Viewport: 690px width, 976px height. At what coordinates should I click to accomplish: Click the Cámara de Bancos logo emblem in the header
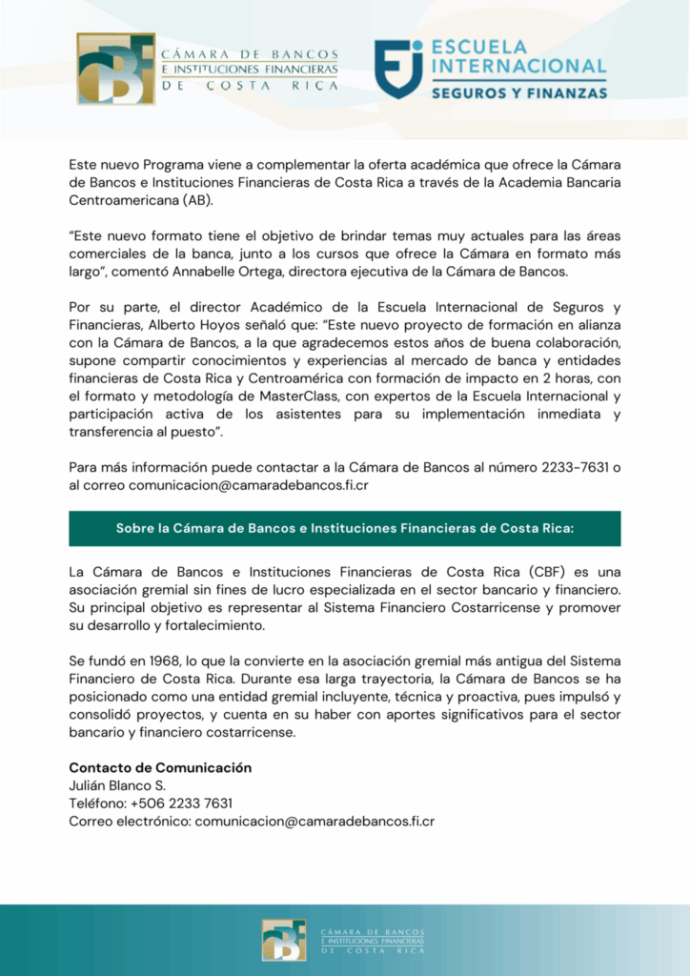[115, 69]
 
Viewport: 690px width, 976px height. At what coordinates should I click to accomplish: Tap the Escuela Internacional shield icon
[398, 69]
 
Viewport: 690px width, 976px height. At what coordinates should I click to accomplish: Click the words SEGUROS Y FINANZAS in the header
[519, 93]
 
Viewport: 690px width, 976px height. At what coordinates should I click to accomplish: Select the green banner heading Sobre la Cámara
[344, 528]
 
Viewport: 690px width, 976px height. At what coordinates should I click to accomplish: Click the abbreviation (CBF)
[546, 572]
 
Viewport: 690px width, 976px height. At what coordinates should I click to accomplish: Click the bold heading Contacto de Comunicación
[160, 767]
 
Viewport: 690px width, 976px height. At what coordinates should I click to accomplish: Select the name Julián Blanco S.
[117, 785]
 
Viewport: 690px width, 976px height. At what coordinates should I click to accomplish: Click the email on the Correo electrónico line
[315, 821]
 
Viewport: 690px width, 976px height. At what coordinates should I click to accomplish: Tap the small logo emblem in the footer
[284, 940]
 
